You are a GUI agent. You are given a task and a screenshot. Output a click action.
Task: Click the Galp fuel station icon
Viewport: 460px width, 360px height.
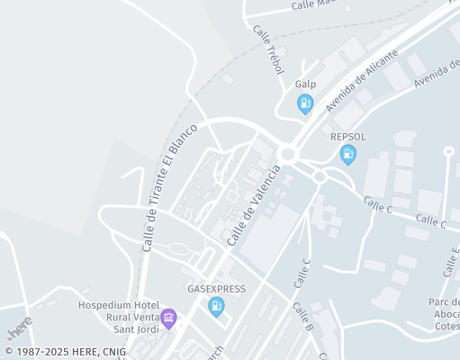[x=305, y=105]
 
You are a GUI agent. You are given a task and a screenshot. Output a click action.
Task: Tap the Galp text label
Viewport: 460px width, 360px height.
[x=305, y=84]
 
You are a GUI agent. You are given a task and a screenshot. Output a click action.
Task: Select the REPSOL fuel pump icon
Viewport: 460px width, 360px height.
[x=347, y=156]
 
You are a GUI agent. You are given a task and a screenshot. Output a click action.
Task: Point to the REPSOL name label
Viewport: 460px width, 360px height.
[x=347, y=136]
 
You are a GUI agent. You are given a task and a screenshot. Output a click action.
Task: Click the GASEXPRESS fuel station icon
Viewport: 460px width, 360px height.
[x=216, y=307]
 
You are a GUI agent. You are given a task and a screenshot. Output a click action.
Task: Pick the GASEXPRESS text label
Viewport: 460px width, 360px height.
[x=216, y=289]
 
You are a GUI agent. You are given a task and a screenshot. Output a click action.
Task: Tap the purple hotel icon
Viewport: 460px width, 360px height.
[x=167, y=317]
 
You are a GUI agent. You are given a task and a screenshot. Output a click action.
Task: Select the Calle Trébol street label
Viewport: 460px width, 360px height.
[x=268, y=49]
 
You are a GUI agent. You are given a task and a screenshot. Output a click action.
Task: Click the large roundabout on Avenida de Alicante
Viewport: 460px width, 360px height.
[x=288, y=154]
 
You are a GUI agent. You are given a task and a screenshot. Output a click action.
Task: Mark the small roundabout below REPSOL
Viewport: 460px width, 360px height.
[x=320, y=176]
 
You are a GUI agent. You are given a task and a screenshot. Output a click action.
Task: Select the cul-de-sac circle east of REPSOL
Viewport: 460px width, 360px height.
[x=448, y=151]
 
